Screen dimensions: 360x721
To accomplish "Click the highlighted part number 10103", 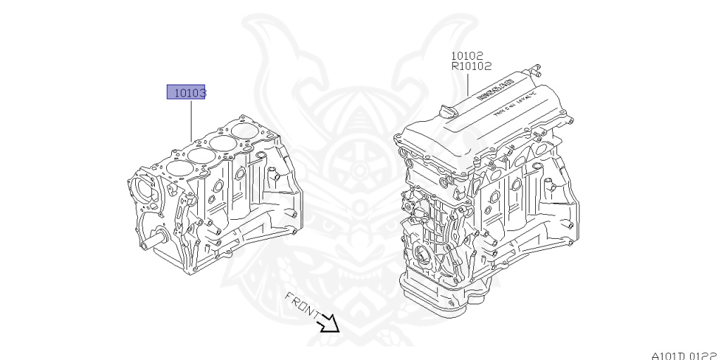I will click(186, 92).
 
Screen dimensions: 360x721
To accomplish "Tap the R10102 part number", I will click(471, 67).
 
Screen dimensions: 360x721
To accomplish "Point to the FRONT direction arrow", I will click(328, 324).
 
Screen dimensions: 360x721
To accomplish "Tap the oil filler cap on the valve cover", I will click(446, 111).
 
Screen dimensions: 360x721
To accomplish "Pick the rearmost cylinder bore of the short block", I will click(246, 132).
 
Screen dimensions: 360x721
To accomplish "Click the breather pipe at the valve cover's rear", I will click(536, 70).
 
